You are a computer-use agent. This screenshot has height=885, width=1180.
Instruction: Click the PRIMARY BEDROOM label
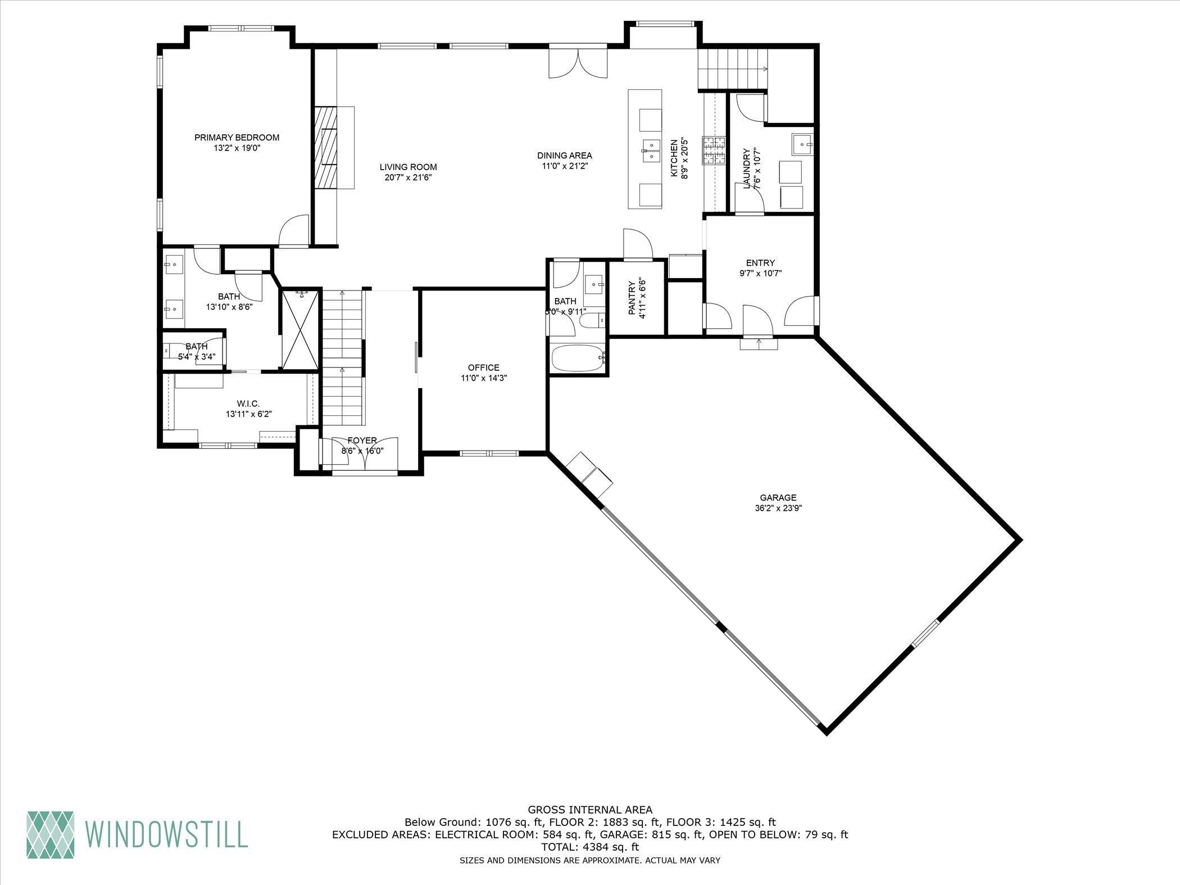(237, 137)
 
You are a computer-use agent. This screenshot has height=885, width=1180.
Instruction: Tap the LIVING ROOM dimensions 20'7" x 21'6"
(408, 178)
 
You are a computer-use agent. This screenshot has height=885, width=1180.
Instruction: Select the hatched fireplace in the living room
(325, 149)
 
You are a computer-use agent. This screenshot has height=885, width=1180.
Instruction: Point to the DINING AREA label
(564, 156)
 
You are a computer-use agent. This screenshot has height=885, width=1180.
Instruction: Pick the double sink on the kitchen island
(651, 151)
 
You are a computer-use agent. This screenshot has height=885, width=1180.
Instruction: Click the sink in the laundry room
(801, 144)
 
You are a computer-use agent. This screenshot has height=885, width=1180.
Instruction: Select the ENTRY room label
(760, 263)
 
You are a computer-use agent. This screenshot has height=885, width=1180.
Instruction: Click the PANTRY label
(632, 298)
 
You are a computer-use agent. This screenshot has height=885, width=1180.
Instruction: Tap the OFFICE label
(484, 367)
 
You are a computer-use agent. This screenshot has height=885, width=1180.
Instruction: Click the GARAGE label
(778, 497)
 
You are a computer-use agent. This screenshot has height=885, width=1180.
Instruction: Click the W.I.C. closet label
(248, 403)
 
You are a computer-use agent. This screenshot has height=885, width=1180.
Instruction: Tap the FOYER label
(362, 441)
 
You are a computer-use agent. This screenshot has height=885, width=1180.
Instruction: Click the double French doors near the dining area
(578, 63)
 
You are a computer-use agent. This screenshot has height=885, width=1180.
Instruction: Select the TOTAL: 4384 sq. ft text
(590, 847)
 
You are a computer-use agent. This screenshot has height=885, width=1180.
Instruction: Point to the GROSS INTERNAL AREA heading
(590, 810)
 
